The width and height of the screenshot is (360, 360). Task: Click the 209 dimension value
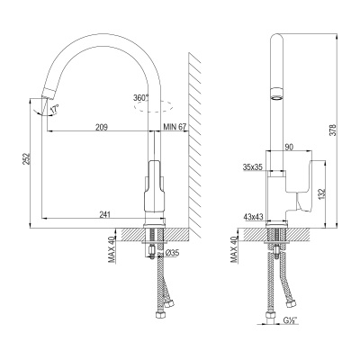[100, 127]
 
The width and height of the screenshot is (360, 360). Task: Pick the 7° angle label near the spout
[54, 108]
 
